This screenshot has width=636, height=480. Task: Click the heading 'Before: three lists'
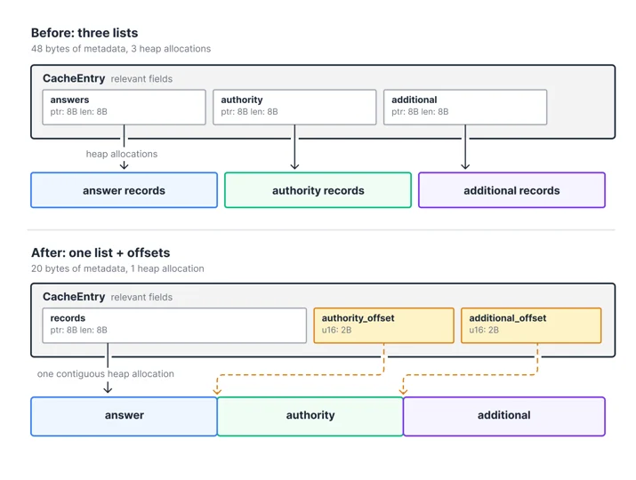pyautogui.click(x=85, y=33)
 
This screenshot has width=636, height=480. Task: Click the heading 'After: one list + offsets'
pyautogui.click(x=101, y=252)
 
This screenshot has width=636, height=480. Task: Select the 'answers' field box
pyautogui.click(x=125, y=107)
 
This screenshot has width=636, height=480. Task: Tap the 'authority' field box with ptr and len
pyautogui.click(x=294, y=107)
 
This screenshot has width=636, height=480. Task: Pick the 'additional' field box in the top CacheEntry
pyautogui.click(x=465, y=107)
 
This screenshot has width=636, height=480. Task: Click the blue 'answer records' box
pyautogui.click(x=125, y=190)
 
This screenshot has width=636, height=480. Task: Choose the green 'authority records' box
pyautogui.click(x=318, y=190)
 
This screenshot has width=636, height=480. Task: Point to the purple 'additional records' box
pyautogui.click(x=511, y=190)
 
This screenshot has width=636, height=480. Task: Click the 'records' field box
pyautogui.click(x=174, y=325)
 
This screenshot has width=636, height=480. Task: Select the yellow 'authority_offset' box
pyautogui.click(x=383, y=325)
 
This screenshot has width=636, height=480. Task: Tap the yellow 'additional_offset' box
pyautogui.click(x=531, y=325)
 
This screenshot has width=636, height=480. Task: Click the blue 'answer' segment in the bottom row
pyautogui.click(x=125, y=416)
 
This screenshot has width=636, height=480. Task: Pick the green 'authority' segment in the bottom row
pyautogui.click(x=310, y=416)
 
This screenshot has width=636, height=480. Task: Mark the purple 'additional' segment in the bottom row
pyautogui.click(x=504, y=416)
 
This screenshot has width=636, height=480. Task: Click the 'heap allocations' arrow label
pyautogui.click(x=122, y=154)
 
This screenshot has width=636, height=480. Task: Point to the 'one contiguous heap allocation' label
pyautogui.click(x=106, y=374)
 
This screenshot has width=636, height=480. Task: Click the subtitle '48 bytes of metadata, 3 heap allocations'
pyautogui.click(x=121, y=49)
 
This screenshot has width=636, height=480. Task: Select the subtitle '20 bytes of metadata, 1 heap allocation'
pyautogui.click(x=117, y=268)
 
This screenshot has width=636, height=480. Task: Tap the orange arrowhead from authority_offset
pyautogui.click(x=217, y=392)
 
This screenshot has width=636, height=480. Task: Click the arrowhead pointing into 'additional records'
pyautogui.click(x=465, y=166)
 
